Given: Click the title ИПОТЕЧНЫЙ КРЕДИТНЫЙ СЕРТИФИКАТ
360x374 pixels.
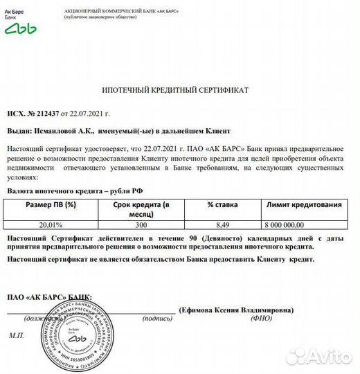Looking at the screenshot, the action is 175,91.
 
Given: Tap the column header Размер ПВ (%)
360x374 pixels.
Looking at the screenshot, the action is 51,205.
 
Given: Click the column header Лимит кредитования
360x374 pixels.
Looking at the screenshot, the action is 304,205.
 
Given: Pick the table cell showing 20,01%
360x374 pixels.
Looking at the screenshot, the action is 50,224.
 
